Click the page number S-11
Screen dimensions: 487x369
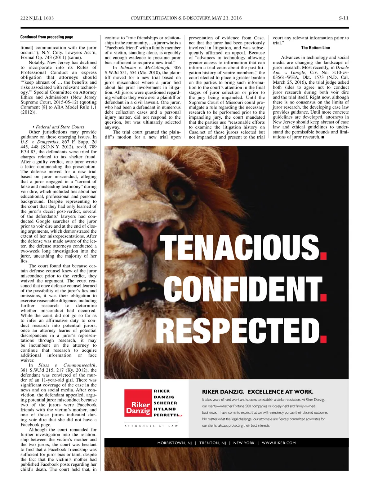343,18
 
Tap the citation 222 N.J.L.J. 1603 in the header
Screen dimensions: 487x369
37,18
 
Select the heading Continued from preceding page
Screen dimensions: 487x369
46,37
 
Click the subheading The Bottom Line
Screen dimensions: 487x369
315,48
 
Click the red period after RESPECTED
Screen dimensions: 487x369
323,338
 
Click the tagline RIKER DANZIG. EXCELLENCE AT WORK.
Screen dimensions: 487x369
258,392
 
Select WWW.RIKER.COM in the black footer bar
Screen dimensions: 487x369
279,443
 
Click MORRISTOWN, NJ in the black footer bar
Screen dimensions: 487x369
174,443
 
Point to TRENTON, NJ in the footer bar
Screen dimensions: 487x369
213,443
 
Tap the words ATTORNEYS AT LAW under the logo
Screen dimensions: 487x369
151,426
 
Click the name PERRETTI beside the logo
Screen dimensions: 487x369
166,415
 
